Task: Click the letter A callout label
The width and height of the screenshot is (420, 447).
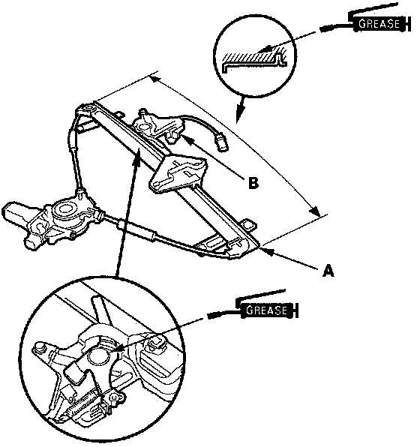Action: tap(328, 270)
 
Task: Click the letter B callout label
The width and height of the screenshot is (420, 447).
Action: tap(253, 183)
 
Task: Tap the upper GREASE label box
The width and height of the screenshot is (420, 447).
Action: tap(379, 24)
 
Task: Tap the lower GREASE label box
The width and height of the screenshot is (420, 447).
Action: tap(266, 310)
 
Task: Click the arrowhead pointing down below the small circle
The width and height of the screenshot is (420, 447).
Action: tap(240, 112)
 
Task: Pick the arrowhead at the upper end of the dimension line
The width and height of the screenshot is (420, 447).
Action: tap(156, 79)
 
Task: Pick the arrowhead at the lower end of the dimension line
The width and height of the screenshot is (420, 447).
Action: tap(314, 211)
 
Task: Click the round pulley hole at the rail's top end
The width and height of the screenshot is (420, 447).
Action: tap(88, 108)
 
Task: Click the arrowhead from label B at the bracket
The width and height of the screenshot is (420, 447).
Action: tap(185, 138)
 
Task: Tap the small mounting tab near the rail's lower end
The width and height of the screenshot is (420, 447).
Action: tap(249, 223)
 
